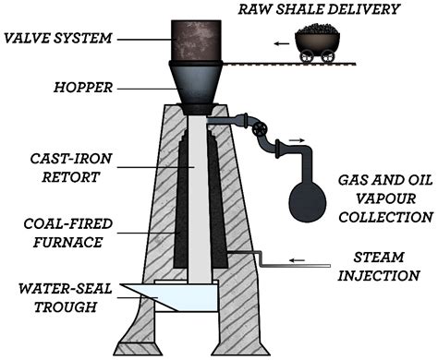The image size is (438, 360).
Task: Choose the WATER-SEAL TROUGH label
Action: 63,294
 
